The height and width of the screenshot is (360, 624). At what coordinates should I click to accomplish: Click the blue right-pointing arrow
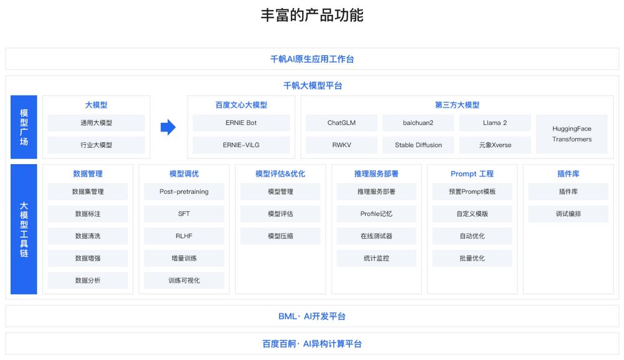pyautogui.click(x=168, y=127)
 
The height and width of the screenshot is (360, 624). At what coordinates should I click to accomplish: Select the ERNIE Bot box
pyautogui.click(x=241, y=123)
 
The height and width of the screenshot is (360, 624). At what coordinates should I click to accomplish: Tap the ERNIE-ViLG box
pyautogui.click(x=241, y=145)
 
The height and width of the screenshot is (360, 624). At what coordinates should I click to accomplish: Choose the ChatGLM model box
pyautogui.click(x=341, y=123)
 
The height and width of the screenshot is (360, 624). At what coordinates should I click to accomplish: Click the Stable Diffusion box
pyautogui.click(x=418, y=145)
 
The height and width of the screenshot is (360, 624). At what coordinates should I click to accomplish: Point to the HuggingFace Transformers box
pyautogui.click(x=572, y=134)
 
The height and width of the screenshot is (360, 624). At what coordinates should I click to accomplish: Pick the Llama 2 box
pyautogui.click(x=495, y=123)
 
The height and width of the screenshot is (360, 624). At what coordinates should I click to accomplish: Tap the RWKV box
pyautogui.click(x=341, y=145)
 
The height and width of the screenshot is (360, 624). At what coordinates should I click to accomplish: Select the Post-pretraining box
pyautogui.click(x=184, y=192)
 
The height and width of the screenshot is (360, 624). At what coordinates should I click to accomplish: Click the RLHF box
pyautogui.click(x=184, y=236)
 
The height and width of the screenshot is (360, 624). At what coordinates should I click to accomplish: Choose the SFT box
pyautogui.click(x=184, y=214)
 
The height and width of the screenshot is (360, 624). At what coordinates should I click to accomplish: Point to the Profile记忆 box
pyautogui.click(x=376, y=214)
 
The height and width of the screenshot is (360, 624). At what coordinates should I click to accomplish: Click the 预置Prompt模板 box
pyautogui.click(x=472, y=192)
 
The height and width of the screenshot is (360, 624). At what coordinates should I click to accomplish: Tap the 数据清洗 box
pyautogui.click(x=88, y=236)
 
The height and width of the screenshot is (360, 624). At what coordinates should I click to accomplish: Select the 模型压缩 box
pyautogui.click(x=281, y=236)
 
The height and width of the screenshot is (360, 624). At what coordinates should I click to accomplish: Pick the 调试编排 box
pyautogui.click(x=568, y=214)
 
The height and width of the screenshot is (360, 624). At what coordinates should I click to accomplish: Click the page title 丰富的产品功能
pyautogui.click(x=312, y=15)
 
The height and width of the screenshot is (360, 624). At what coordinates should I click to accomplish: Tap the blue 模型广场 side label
pyautogui.click(x=24, y=127)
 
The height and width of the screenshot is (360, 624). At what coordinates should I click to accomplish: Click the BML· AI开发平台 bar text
pyautogui.click(x=312, y=316)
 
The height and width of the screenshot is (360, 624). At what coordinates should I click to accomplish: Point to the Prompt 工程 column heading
pyautogui.click(x=472, y=174)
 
